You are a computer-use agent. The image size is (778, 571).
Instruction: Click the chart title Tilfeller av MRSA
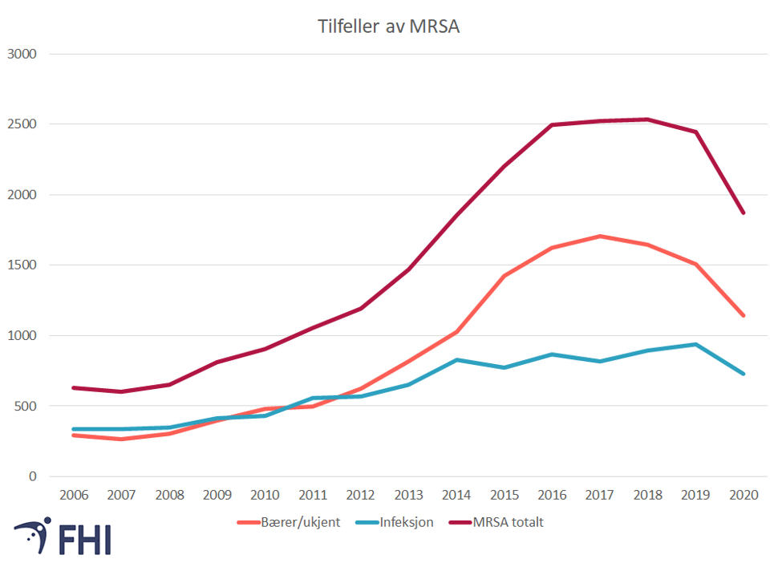click(389, 26)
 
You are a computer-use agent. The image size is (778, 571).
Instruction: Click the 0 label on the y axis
click(33, 476)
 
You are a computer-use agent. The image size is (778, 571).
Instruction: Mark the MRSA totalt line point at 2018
click(648, 119)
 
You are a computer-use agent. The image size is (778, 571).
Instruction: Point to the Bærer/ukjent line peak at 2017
click(600, 237)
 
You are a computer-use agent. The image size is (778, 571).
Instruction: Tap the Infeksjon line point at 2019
click(695, 345)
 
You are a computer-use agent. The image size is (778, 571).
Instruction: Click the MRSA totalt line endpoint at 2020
click(744, 213)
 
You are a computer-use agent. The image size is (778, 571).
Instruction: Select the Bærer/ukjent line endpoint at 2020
click(744, 315)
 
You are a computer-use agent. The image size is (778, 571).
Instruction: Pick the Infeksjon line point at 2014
click(456, 360)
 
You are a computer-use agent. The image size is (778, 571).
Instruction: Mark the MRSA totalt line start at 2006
click(73, 388)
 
